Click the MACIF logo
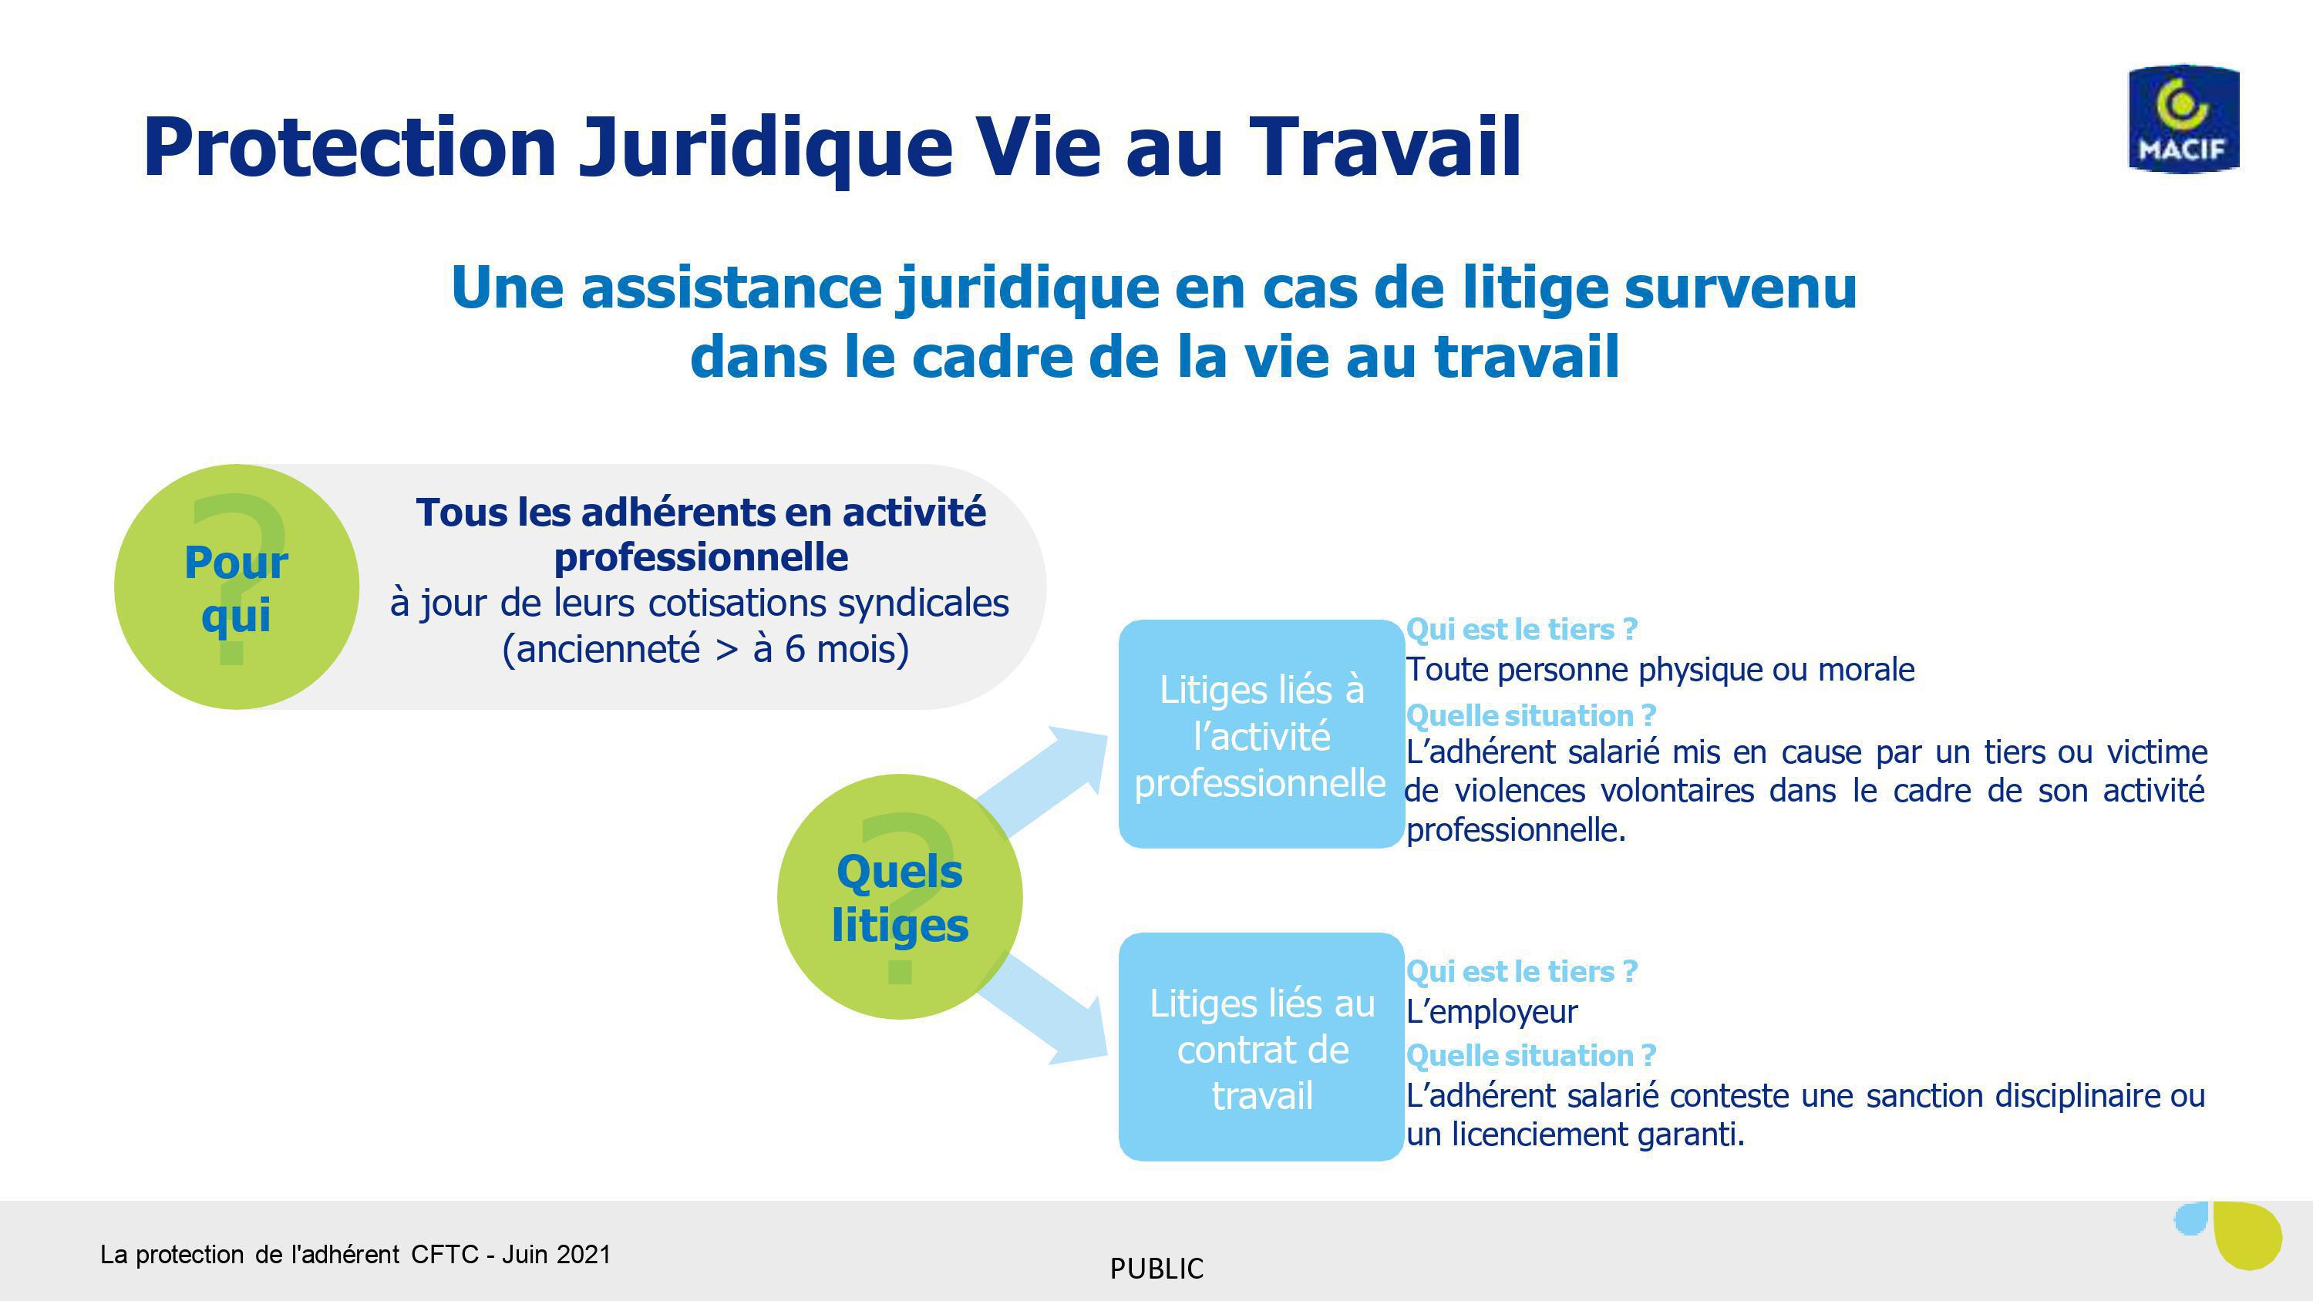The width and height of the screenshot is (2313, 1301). tap(2183, 118)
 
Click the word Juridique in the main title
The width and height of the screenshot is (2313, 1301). tap(766, 147)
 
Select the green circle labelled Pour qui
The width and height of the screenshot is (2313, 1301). tap(237, 587)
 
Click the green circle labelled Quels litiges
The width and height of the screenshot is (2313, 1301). tap(900, 896)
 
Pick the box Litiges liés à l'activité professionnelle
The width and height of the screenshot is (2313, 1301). tap(1261, 734)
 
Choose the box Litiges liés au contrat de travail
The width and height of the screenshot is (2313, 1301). tap(1261, 1047)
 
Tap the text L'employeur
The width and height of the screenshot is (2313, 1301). tap(1491, 1012)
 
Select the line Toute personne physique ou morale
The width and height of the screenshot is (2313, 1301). tap(1660, 670)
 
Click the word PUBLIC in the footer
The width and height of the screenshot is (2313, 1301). tap(1156, 1269)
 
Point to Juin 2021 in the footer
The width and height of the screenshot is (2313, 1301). tap(556, 1254)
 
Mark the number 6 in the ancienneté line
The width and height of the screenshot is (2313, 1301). tap(795, 648)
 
